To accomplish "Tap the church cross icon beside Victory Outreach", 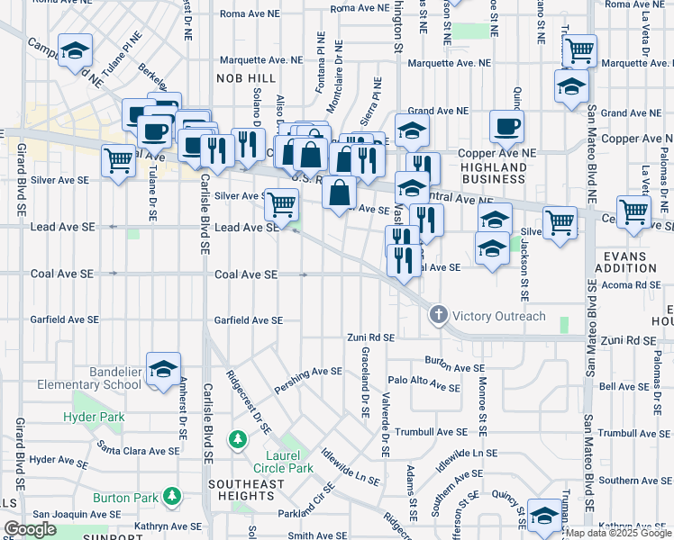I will tap(438, 316).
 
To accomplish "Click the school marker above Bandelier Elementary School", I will tap(163, 369).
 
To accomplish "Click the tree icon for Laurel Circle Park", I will tap(237, 440).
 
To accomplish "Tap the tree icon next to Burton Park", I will tap(171, 497).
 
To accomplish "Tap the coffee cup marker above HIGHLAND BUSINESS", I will tap(505, 127).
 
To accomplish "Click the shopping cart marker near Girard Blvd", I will tap(119, 162).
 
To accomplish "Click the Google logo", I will tap(31, 528).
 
